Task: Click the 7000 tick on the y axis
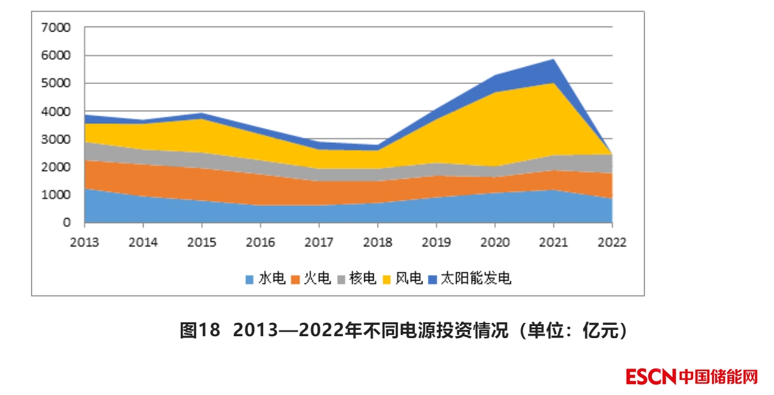(x=56, y=28)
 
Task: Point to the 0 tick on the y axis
(x=66, y=223)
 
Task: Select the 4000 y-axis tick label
(x=56, y=112)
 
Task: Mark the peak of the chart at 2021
(x=553, y=60)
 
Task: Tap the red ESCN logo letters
(x=651, y=377)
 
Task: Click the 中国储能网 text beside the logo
(x=718, y=377)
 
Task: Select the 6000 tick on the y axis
(x=56, y=56)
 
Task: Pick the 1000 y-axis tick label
(x=56, y=195)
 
